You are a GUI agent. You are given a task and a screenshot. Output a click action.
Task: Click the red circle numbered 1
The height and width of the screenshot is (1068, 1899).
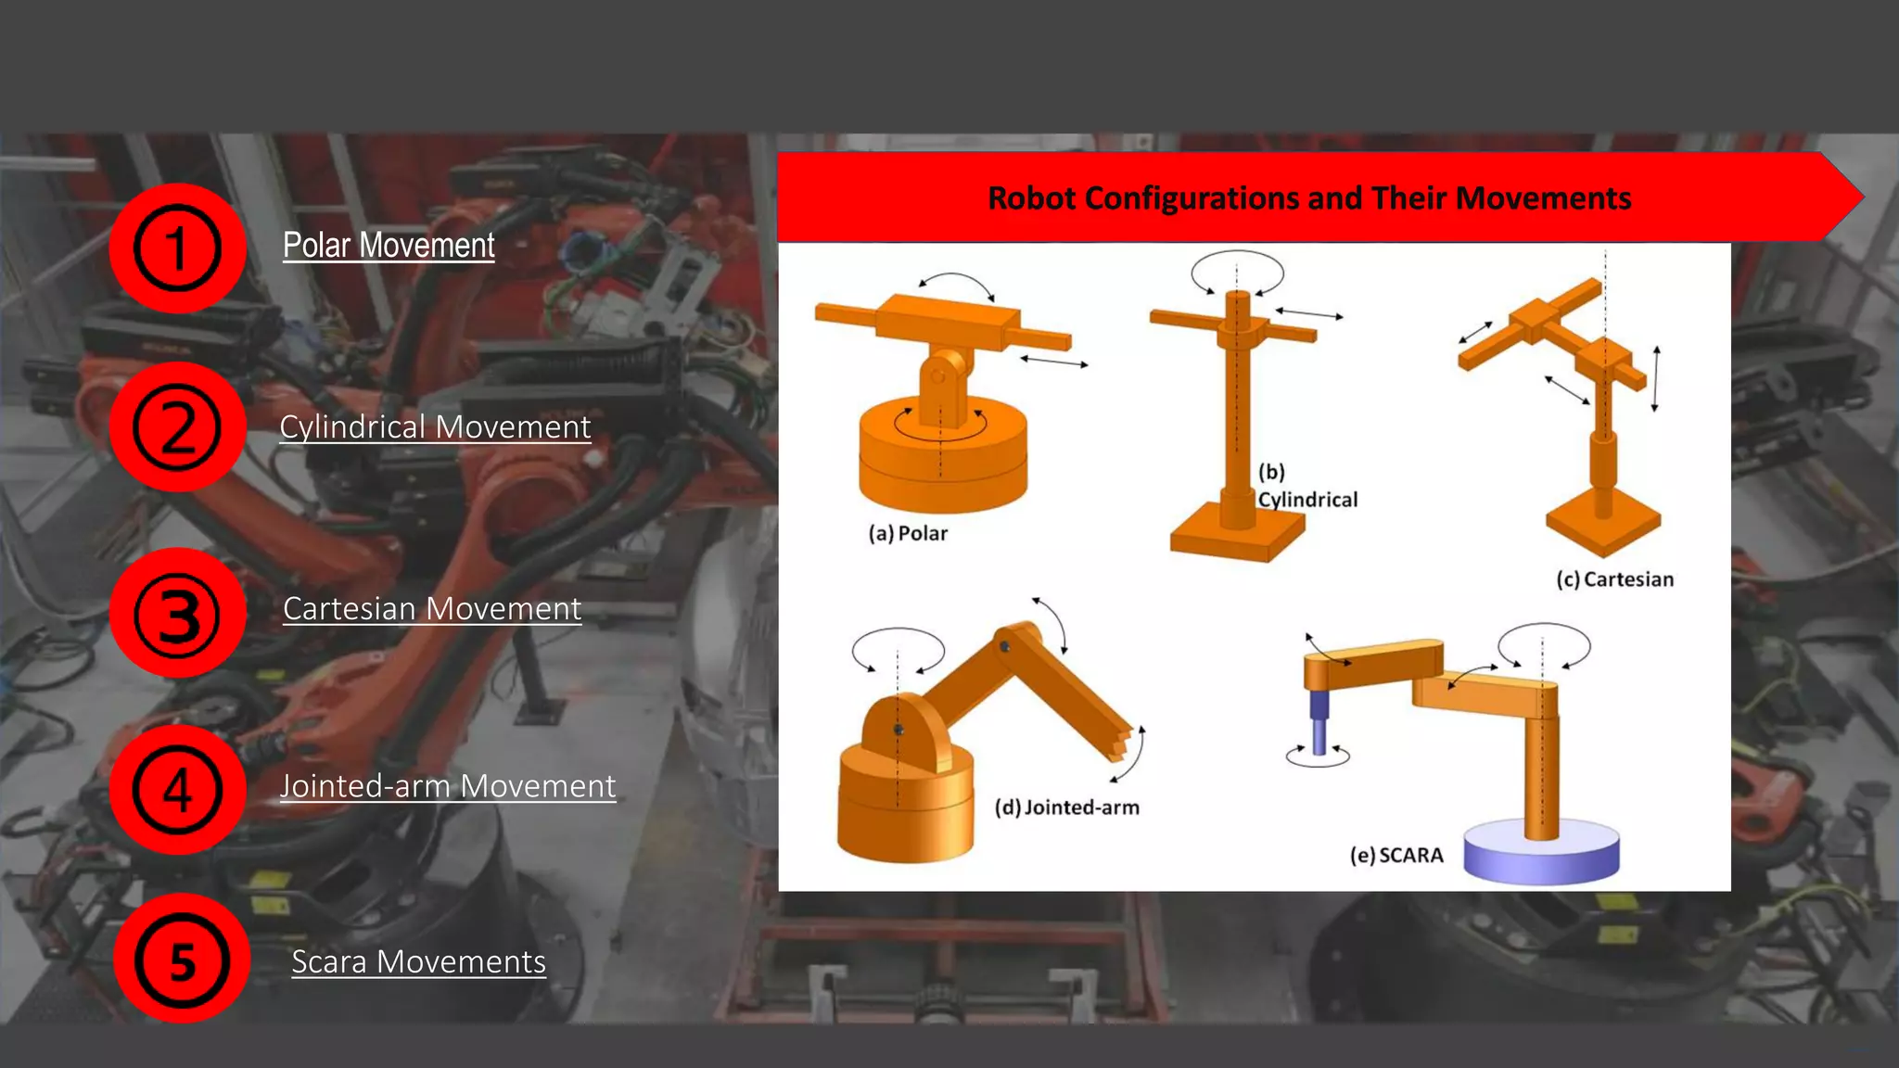(177, 248)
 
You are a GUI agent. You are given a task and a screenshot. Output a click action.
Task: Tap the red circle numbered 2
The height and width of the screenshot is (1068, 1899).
(177, 427)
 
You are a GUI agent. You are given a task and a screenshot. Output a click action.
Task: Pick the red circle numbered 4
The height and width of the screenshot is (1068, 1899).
(177, 790)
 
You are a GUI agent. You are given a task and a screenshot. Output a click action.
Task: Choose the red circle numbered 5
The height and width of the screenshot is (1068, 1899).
(182, 960)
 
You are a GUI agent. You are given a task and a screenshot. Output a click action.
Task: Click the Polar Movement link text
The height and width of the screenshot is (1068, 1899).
(389, 246)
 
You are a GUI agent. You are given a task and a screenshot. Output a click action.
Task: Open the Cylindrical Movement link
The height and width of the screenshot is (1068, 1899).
(435, 426)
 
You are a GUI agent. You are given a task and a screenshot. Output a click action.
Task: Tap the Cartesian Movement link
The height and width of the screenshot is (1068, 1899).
(432, 608)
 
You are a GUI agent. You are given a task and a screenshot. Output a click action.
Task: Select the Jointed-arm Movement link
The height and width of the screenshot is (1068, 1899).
(448, 786)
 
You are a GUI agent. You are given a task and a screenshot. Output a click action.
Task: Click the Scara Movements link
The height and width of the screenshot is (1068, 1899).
(418, 961)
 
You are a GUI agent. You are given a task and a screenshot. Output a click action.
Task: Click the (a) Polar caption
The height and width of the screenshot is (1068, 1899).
(908, 533)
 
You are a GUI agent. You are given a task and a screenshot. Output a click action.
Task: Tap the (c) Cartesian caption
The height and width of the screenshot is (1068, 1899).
(1614, 579)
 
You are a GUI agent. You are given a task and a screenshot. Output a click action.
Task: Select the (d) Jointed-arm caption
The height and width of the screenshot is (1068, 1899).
(1066, 807)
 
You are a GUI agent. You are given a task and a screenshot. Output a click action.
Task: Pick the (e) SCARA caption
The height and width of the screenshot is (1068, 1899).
(1396, 855)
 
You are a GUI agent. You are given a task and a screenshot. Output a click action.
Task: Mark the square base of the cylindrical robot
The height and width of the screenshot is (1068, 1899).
(1236, 538)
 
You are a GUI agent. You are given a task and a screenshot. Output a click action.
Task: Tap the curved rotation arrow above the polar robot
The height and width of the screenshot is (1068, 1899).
(956, 279)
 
